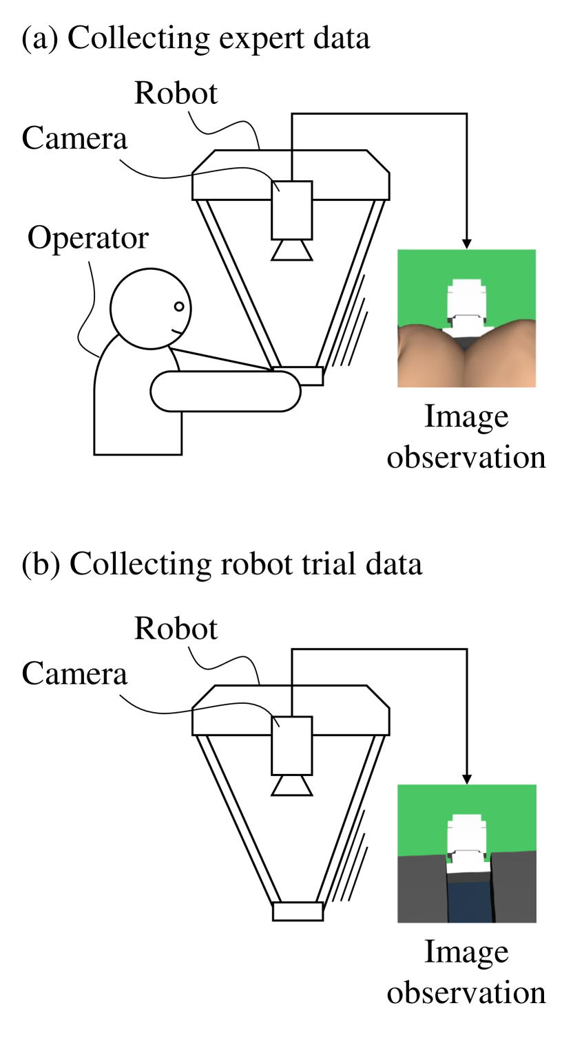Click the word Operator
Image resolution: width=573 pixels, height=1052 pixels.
pyautogui.click(x=87, y=239)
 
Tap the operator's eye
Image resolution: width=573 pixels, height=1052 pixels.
pyautogui.click(x=178, y=306)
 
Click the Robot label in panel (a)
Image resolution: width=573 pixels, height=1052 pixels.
pyautogui.click(x=176, y=94)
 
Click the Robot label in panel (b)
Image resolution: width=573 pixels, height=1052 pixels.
pyautogui.click(x=176, y=629)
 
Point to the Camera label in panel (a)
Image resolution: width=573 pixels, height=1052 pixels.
pyautogui.click(x=74, y=139)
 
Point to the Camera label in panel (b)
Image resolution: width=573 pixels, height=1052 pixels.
pyautogui.click(x=74, y=674)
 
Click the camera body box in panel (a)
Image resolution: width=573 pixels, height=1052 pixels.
pyautogui.click(x=292, y=209)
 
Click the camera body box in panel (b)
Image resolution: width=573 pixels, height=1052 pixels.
pyautogui.click(x=292, y=744)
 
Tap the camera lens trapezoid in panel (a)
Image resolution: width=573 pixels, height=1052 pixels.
pyautogui.click(x=292, y=250)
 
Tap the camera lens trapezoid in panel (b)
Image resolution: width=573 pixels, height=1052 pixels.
pyautogui.click(x=292, y=785)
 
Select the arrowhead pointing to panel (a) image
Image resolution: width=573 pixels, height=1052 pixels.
pyautogui.click(x=467, y=244)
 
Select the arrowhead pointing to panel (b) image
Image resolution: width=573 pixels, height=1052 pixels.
pyautogui.click(x=467, y=779)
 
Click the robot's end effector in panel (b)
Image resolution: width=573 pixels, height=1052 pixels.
pyautogui.click(x=298, y=911)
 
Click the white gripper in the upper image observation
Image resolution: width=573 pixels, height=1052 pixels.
pyautogui.click(x=466, y=303)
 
